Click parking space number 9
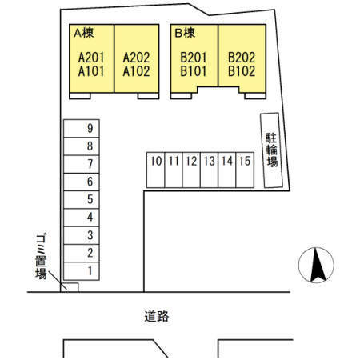click(x=82, y=128)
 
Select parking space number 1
click(x=82, y=271)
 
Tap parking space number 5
click(x=82, y=200)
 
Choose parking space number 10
click(x=156, y=170)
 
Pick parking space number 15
click(x=245, y=170)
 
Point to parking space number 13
click(x=209, y=170)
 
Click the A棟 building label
click(x=84, y=34)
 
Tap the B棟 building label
click(x=185, y=34)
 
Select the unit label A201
click(x=91, y=58)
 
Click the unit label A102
click(x=136, y=71)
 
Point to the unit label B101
click(x=194, y=71)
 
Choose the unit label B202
click(x=242, y=58)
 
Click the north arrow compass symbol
click(x=316, y=265)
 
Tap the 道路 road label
click(x=157, y=317)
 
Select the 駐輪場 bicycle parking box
click(x=271, y=150)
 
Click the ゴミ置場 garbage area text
click(x=41, y=257)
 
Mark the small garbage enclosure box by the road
click(x=70, y=287)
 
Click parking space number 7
click(x=82, y=164)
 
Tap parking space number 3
click(x=82, y=235)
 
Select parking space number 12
click(x=191, y=170)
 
